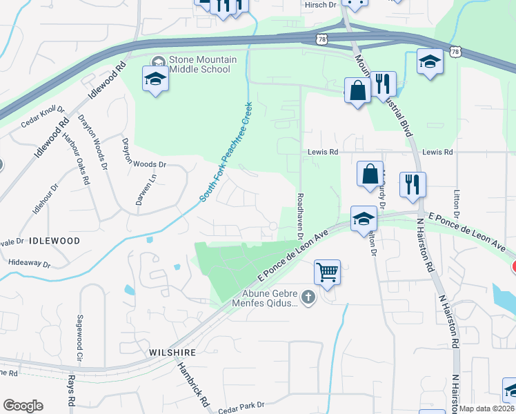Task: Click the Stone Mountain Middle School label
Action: [x=203, y=64]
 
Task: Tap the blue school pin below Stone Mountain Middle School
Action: [x=155, y=79]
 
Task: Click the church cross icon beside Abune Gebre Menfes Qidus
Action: [x=308, y=297]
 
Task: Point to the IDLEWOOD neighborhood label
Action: [x=54, y=241]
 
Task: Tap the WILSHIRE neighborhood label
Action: [x=172, y=352]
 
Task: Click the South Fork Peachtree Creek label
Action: [x=226, y=152]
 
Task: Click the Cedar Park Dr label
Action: [x=241, y=408]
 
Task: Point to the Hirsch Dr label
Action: [x=319, y=5]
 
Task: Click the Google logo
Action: [x=23, y=406]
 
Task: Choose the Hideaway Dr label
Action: [x=30, y=263]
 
